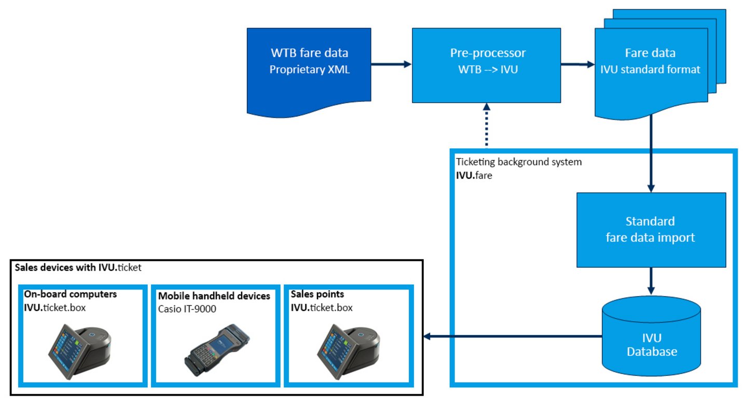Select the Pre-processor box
point(487,65)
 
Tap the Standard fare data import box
point(652,230)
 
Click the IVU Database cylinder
point(652,336)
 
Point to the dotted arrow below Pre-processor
point(487,124)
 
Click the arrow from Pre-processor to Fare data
point(578,64)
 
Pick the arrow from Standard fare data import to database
point(651,281)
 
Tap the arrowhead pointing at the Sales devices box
point(427,337)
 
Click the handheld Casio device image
point(217,350)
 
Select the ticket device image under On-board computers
point(80,352)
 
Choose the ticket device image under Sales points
point(348,352)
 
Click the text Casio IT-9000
point(187,309)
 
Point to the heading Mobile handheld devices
point(214,296)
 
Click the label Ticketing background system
point(519,162)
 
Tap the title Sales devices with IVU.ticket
point(78,268)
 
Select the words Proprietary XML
point(310,69)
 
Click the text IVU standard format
point(651,69)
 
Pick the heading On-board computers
point(71,294)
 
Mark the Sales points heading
point(317,294)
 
